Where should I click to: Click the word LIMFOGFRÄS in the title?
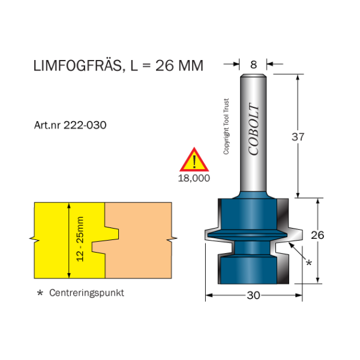75,65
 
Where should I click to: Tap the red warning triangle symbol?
194,160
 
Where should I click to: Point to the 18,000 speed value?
194,178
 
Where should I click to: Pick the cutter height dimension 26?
317,235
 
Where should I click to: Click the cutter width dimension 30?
253,295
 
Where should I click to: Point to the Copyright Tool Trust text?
226,126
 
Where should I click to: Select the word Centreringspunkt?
86,293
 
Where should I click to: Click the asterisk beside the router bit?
309,263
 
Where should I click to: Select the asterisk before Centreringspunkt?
40,294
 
